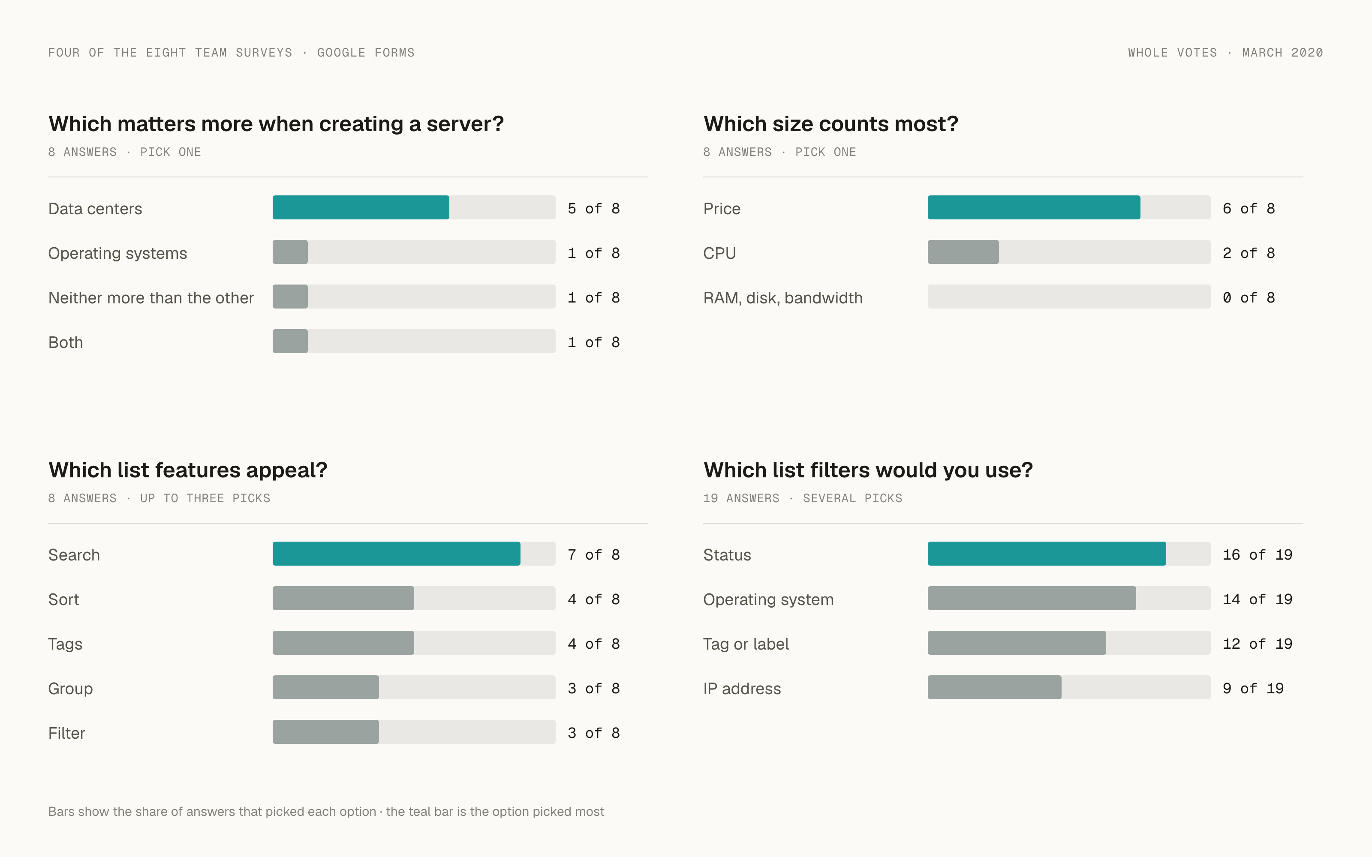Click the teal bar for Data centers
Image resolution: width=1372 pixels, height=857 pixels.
[361, 207]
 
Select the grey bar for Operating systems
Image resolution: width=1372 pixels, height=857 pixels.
[290, 252]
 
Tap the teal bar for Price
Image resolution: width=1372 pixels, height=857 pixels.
[1034, 207]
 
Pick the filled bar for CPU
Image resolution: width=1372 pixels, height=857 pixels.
[963, 252]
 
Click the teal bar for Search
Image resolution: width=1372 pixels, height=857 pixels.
[396, 554]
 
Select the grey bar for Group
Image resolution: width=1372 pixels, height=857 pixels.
[325, 687]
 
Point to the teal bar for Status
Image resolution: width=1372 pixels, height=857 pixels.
[1047, 554]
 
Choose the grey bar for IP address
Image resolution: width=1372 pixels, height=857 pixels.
[994, 687]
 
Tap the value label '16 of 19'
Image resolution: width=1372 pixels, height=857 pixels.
[1258, 555]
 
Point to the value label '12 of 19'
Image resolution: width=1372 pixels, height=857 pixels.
[1258, 644]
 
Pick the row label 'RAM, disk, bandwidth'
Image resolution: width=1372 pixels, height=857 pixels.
[783, 298]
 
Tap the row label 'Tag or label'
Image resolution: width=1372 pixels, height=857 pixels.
[746, 644]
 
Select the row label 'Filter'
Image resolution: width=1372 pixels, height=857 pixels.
[67, 734]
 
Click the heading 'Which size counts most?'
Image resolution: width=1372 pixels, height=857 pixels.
[830, 124]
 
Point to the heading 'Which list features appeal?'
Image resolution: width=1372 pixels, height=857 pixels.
[188, 470]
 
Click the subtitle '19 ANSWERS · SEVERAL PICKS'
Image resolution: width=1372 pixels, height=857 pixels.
[803, 498]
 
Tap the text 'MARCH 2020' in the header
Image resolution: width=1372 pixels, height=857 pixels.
[1282, 53]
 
